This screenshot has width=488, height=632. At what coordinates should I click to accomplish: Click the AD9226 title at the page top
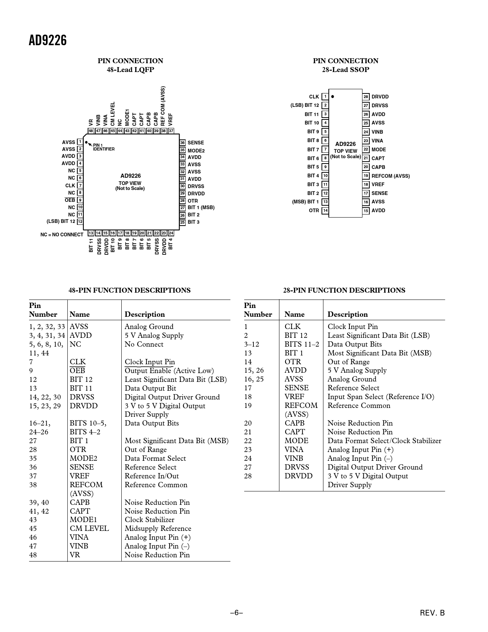(x=48, y=40)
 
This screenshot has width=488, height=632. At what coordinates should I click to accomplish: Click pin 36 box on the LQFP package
(x=183, y=143)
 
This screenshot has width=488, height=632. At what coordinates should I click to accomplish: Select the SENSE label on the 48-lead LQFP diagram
(x=196, y=143)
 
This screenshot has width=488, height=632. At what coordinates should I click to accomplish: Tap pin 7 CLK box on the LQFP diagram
(x=80, y=186)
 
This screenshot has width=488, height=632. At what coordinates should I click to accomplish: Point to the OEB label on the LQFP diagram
(x=70, y=200)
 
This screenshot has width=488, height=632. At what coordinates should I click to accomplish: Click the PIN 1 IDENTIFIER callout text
(x=103, y=147)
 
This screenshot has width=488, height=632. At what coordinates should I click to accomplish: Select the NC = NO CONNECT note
(x=62, y=234)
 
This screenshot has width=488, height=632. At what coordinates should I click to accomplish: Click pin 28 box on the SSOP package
(x=366, y=97)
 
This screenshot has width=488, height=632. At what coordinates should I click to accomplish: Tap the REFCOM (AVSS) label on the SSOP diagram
(x=390, y=176)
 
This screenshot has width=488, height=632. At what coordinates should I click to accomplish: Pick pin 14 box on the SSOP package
(x=325, y=211)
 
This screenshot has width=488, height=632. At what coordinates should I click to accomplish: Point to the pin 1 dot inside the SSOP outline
(x=333, y=97)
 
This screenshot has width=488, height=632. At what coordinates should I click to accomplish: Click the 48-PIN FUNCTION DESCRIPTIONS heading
(x=129, y=290)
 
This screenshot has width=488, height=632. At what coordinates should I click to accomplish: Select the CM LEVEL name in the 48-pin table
(x=89, y=529)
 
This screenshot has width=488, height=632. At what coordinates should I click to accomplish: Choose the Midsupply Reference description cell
(x=158, y=529)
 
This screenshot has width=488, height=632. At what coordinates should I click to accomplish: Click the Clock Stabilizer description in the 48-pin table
(x=149, y=520)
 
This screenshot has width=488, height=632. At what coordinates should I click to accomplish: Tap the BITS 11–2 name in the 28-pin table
(x=302, y=344)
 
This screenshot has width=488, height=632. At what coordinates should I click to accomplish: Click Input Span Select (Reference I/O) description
(x=381, y=397)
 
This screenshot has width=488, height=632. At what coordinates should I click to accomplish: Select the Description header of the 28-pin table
(x=348, y=314)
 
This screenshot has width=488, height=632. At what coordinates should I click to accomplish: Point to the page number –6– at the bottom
(x=237, y=613)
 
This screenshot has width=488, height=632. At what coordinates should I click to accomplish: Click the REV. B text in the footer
(x=433, y=613)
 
